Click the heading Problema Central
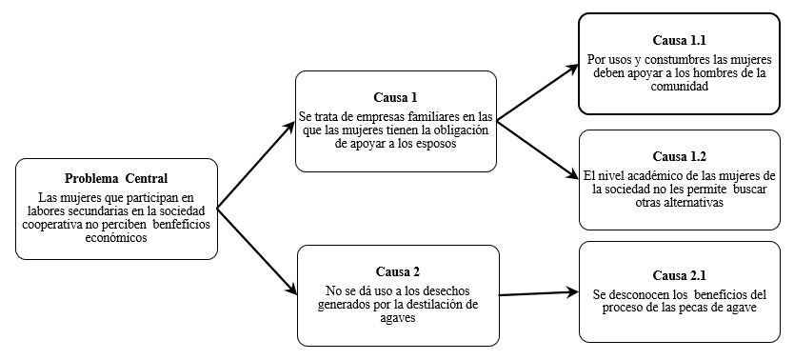coord(116,179)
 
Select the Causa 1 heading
coord(395,97)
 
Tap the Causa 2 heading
coord(397,272)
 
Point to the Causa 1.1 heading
coord(678,42)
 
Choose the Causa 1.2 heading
coord(679,155)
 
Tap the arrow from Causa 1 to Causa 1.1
coord(538,92)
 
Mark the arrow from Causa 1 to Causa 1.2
coord(538,150)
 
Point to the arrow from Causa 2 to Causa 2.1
coord(533,293)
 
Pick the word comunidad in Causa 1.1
coord(678,85)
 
